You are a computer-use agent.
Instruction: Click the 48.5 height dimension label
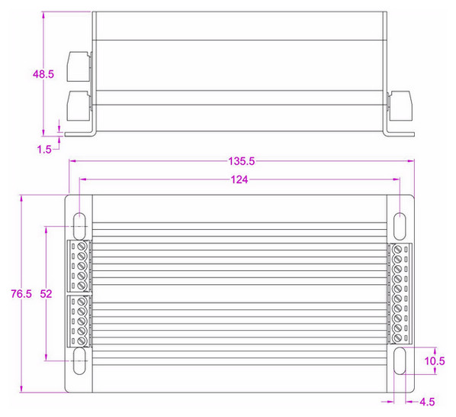43,74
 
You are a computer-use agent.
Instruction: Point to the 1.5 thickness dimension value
43,150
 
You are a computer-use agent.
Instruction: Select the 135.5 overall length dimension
242,162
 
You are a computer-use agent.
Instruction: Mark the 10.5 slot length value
435,361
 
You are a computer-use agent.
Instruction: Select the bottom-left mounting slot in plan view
79,362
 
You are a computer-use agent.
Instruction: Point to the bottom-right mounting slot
400,362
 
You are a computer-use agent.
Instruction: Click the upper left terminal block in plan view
79,266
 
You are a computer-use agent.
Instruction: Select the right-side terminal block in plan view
400,293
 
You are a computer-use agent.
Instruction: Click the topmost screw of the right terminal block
398,250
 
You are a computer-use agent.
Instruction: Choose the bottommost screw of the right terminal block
398,336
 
